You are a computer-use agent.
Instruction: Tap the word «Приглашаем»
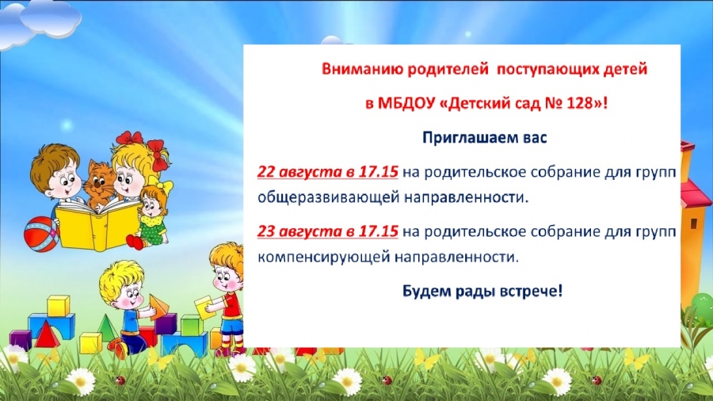click(x=470, y=138)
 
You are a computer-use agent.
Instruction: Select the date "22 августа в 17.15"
click(x=328, y=172)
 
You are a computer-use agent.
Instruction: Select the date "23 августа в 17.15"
click(x=328, y=231)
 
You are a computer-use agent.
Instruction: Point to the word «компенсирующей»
click(x=323, y=258)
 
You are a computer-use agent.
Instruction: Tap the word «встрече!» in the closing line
click(x=531, y=291)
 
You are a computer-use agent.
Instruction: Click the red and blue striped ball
click(x=41, y=234)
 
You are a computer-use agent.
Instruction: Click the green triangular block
click(x=106, y=327)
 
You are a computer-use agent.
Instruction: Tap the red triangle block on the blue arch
click(x=46, y=334)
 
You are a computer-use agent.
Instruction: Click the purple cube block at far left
click(x=21, y=340)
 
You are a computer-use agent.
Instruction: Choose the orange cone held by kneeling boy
click(x=158, y=307)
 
